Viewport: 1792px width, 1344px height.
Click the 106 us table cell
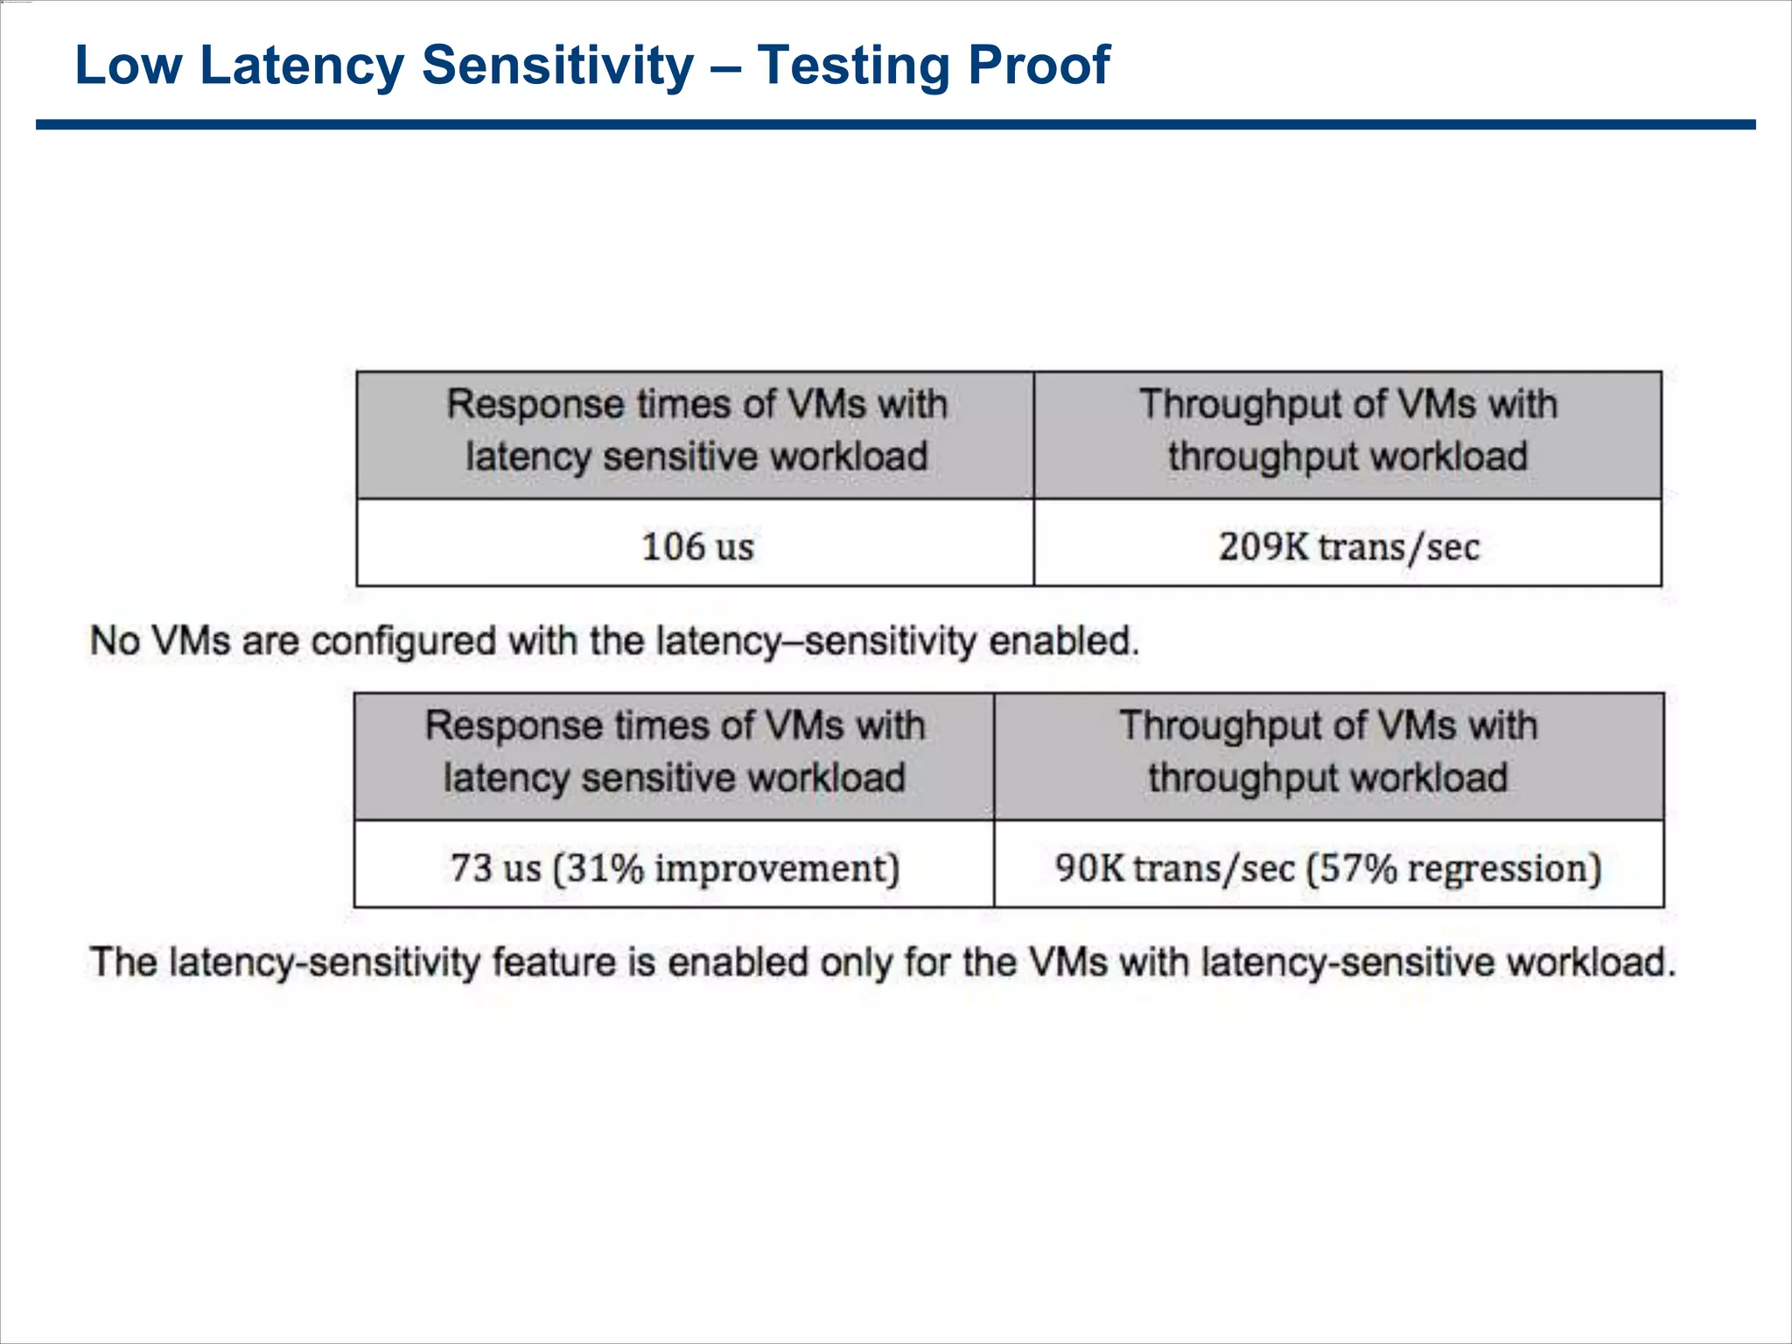point(696,546)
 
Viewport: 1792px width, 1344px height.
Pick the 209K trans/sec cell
point(1348,546)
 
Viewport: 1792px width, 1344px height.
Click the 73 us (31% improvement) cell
point(675,867)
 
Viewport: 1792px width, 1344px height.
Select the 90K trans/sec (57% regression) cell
point(1328,867)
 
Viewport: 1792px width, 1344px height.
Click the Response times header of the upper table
point(696,430)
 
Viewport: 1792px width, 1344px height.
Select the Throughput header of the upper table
point(1348,430)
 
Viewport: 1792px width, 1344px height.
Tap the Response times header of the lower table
point(675,752)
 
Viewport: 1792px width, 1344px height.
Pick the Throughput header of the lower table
point(1328,752)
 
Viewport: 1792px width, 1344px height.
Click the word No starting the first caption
point(115,641)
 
